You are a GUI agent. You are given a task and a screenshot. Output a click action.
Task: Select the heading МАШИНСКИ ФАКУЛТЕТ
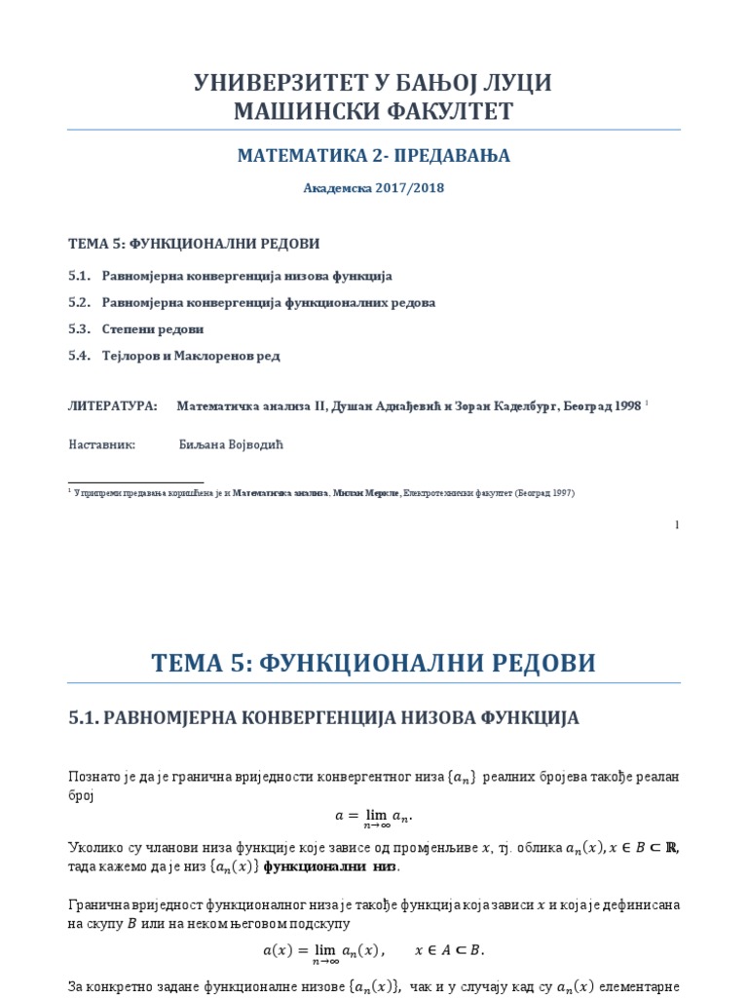(373, 112)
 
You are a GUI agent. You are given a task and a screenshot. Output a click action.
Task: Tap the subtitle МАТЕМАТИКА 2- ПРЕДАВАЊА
(373, 156)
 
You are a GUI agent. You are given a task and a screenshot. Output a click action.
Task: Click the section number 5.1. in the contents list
(79, 277)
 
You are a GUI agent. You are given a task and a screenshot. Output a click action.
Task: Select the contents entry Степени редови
(153, 329)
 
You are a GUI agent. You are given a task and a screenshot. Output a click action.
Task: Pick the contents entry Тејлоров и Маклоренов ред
(191, 356)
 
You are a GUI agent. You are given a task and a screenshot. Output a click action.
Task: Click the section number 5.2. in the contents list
(79, 303)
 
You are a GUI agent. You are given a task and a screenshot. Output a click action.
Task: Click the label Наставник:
(101, 444)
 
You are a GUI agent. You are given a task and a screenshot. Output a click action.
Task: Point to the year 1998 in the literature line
(627, 406)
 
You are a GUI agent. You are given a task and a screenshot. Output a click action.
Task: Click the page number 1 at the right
(676, 525)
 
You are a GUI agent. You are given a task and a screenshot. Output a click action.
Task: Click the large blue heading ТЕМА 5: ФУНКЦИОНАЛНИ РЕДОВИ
(373, 663)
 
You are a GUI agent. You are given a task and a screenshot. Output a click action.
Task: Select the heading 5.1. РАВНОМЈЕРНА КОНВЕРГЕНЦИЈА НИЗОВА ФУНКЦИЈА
(324, 718)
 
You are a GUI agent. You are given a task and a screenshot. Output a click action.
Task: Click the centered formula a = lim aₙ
(373, 816)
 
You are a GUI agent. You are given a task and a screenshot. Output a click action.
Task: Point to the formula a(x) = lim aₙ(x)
(373, 950)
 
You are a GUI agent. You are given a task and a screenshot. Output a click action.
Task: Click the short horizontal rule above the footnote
(135, 482)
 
